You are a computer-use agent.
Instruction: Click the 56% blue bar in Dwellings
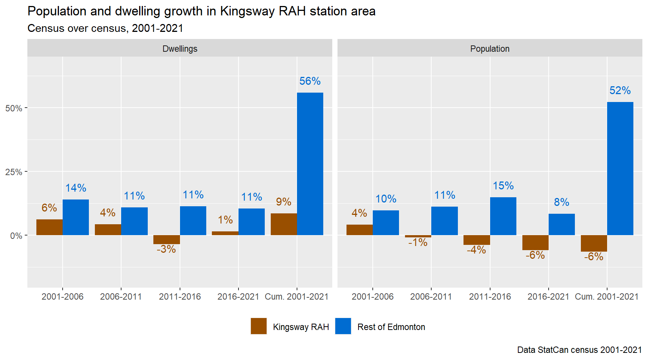[x=310, y=164]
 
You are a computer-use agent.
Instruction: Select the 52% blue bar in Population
[x=620, y=168]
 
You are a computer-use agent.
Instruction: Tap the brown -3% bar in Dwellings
[x=166, y=240]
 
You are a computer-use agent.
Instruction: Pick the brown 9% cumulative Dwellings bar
[x=283, y=224]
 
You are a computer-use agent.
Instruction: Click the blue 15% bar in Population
[x=503, y=216]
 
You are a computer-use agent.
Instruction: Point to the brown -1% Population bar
[x=418, y=236]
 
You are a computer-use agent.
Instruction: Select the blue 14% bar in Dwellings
[x=76, y=217]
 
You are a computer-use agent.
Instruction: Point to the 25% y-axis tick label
[x=13, y=172]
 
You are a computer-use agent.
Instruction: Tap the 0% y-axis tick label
[x=16, y=236]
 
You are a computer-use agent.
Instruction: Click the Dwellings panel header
[x=180, y=49]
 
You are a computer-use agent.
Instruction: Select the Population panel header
[x=490, y=49]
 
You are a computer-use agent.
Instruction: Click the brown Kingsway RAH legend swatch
[x=259, y=326]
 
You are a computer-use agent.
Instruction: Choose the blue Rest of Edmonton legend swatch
[x=343, y=326]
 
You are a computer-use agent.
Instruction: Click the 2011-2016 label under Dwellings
[x=180, y=297]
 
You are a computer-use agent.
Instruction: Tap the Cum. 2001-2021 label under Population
[x=606, y=297]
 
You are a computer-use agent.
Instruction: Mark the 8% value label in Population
[x=561, y=202]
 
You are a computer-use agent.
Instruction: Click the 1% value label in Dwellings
[x=225, y=220]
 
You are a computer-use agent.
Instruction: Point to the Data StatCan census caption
[x=579, y=350]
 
